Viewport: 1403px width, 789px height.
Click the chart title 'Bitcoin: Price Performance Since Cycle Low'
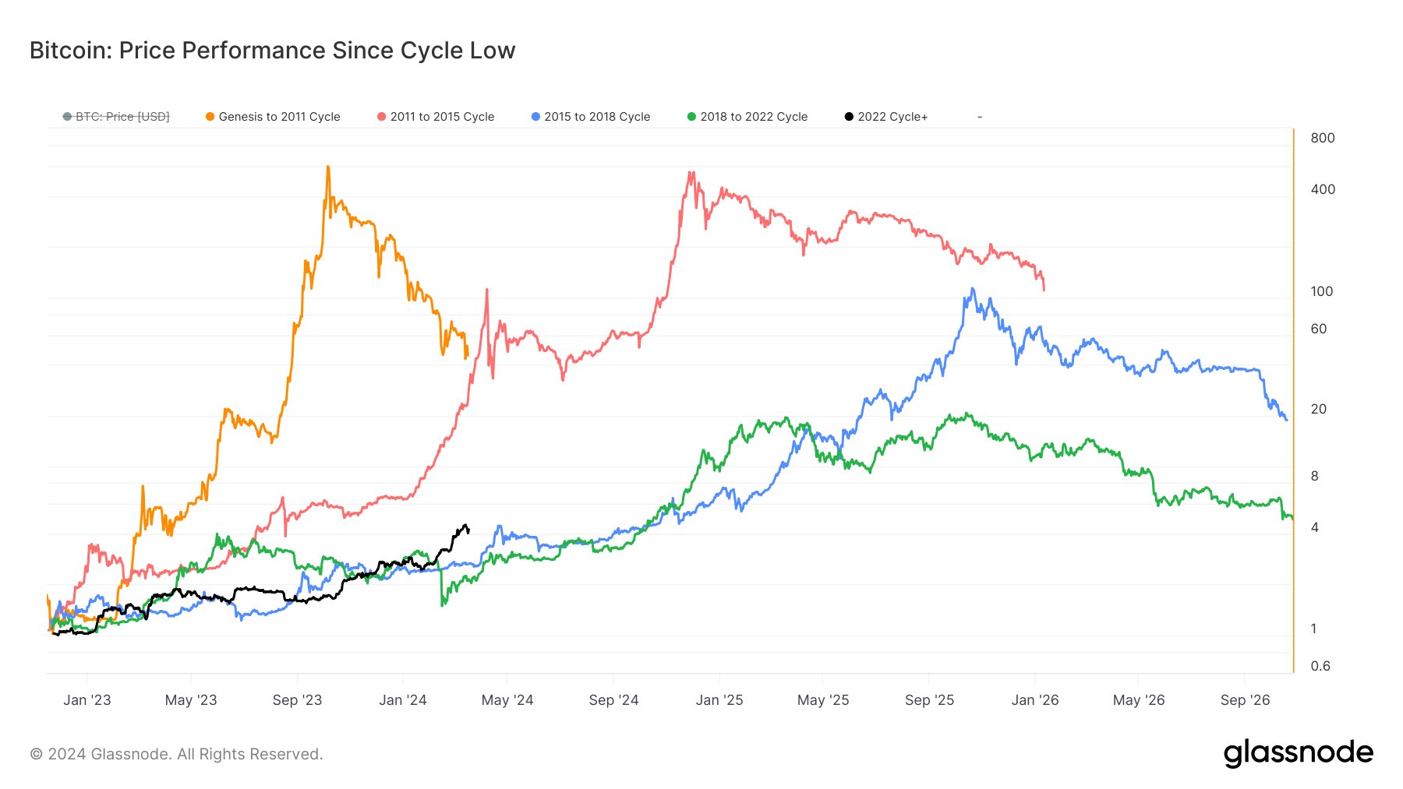(x=272, y=51)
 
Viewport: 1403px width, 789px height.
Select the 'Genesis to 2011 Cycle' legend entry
(x=273, y=117)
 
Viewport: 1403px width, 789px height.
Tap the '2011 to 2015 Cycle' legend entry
(x=436, y=117)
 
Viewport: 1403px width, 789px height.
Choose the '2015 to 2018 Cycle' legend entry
(x=591, y=117)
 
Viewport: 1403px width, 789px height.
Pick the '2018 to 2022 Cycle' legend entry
(x=747, y=117)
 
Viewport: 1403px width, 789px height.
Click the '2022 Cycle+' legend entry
(x=886, y=117)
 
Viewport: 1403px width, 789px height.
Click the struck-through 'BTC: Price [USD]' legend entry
(x=116, y=117)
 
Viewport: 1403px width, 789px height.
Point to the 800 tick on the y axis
(x=1323, y=138)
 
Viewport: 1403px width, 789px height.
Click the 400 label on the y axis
(x=1323, y=189)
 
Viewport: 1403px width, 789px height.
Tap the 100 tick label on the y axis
(x=1322, y=291)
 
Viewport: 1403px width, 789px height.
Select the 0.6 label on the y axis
(x=1320, y=666)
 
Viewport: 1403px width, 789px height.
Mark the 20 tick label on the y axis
(x=1318, y=409)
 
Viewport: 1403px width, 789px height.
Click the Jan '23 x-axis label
(x=87, y=700)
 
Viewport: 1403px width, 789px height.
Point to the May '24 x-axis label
(x=507, y=700)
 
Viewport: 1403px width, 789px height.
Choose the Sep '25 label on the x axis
(x=929, y=700)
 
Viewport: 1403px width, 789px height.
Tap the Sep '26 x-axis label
(x=1245, y=700)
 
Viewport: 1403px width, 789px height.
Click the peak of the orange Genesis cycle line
(x=328, y=167)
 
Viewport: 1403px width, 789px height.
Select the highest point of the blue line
(x=972, y=289)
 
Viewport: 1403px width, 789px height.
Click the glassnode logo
(x=1299, y=753)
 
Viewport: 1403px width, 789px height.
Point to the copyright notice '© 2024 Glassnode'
(x=100, y=754)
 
